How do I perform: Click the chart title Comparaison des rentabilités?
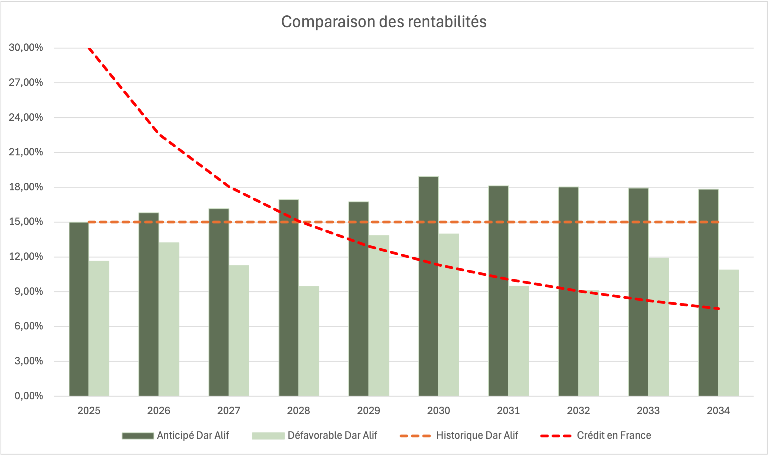coord(384,22)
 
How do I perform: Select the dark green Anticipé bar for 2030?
coord(428,286)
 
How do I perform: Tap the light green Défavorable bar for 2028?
coord(309,341)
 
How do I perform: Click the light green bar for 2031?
coord(519,341)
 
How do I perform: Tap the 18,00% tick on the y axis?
coord(26,187)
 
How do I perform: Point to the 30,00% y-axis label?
coord(26,47)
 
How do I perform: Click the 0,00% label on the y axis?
coord(29,396)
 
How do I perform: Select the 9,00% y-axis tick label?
coord(29,291)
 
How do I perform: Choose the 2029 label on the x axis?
coord(368,411)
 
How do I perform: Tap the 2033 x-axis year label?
coord(648,411)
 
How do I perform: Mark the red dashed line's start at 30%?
coord(89,48)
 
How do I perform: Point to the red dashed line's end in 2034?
coord(718,308)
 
